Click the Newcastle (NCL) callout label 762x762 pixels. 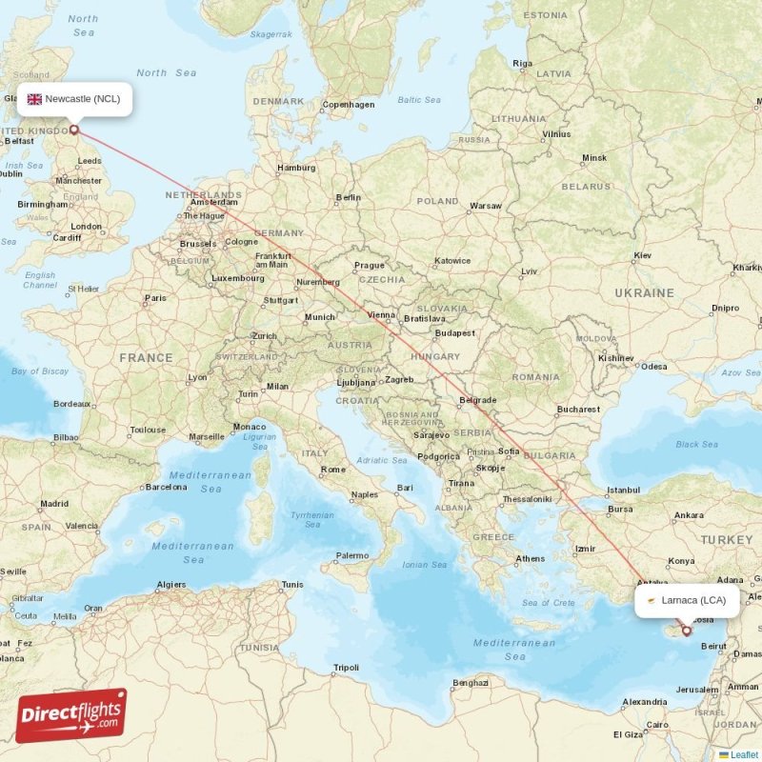74,99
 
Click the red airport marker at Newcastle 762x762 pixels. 73,130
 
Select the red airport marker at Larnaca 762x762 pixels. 686,631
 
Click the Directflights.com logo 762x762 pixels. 70,715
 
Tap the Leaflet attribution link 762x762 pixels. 744,754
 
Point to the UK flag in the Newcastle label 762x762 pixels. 34,99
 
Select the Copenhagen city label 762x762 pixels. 349,105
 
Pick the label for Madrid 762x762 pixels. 53,504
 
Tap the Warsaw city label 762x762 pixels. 486,206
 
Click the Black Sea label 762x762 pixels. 696,444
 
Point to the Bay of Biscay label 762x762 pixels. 40,371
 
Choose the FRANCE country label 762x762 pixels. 146,358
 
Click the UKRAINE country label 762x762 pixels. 644,293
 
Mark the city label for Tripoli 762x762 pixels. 346,668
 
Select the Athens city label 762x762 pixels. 531,558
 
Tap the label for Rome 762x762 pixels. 333,470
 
